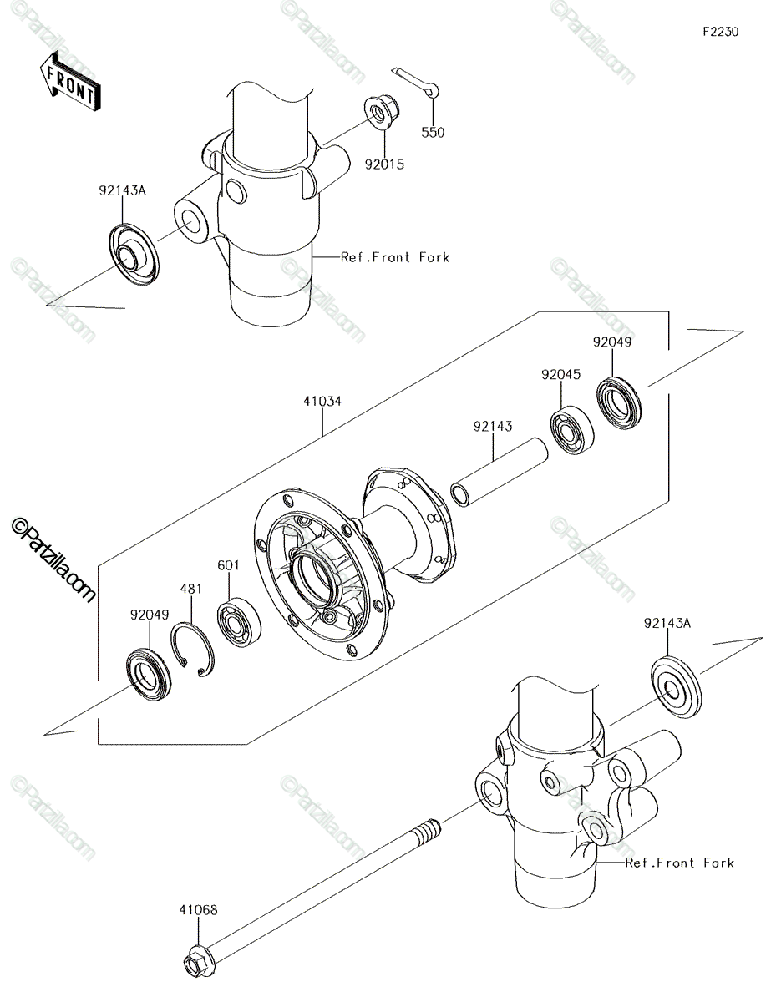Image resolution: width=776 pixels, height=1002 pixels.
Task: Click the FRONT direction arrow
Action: click(x=70, y=82)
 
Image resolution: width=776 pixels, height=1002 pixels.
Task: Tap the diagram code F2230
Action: click(x=720, y=32)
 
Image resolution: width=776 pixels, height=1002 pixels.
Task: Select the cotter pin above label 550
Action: click(x=415, y=82)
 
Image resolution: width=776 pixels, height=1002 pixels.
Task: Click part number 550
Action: click(x=433, y=132)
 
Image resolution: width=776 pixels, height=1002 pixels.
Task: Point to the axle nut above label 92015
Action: click(x=383, y=113)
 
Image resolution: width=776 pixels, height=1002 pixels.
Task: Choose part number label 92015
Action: click(x=384, y=164)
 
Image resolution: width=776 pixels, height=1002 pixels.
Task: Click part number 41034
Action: click(x=322, y=401)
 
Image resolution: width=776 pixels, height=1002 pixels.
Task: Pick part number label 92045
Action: click(x=560, y=374)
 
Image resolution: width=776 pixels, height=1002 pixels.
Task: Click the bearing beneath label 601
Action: click(x=239, y=622)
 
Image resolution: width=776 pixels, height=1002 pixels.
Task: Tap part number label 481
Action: click(x=191, y=589)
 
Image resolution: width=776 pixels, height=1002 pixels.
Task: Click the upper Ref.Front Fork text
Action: click(x=395, y=257)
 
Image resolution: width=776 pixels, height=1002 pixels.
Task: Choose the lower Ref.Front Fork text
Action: click(x=679, y=863)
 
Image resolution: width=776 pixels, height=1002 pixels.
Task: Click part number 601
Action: click(x=229, y=564)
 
